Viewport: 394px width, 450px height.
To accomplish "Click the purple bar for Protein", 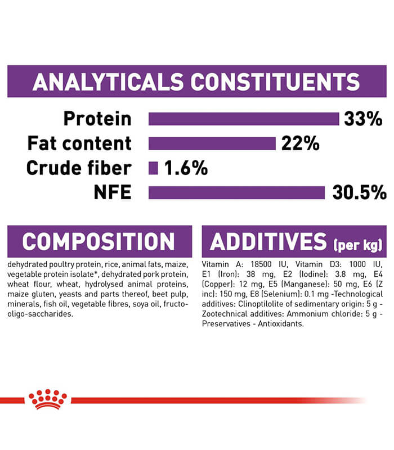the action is pos(244,119).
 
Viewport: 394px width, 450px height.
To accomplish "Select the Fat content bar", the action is pos(212,143).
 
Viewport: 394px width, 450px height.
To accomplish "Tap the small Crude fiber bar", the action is pos(153,168).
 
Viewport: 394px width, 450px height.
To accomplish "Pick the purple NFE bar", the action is pos(236,192).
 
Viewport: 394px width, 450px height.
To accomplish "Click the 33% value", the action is pos(363,119).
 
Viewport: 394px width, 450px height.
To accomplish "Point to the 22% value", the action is pos(300,143).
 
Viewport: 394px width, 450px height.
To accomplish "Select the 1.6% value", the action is pos(186,168).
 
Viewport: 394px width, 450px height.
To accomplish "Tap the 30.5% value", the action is pos(359,192).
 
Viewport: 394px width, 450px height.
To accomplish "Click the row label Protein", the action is pos(97,119).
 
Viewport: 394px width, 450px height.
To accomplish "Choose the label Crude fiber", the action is pos(79,168).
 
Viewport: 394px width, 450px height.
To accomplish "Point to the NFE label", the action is pos(113,192).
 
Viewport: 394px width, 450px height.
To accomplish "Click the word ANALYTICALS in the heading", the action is pos(108,82).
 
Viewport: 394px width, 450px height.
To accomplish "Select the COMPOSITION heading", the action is pos(98,242).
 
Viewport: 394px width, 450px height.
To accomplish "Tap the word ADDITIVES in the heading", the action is pos(268,242).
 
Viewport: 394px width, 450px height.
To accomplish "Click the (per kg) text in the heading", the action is pos(357,245).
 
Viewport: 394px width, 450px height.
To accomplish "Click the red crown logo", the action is pos(48,399).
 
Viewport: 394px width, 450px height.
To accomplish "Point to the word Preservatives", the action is pos(226,324).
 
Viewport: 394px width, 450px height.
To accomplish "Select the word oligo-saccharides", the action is pos(40,314).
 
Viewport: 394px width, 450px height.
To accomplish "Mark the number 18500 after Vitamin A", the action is pos(261,264).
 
